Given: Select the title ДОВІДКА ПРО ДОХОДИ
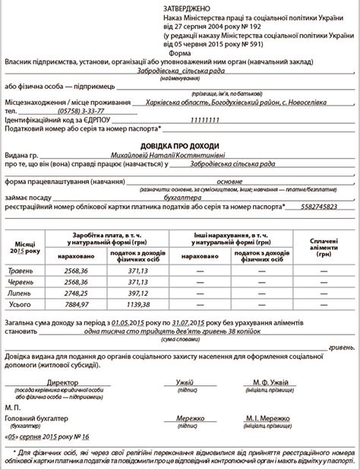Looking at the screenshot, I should click(180, 146).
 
